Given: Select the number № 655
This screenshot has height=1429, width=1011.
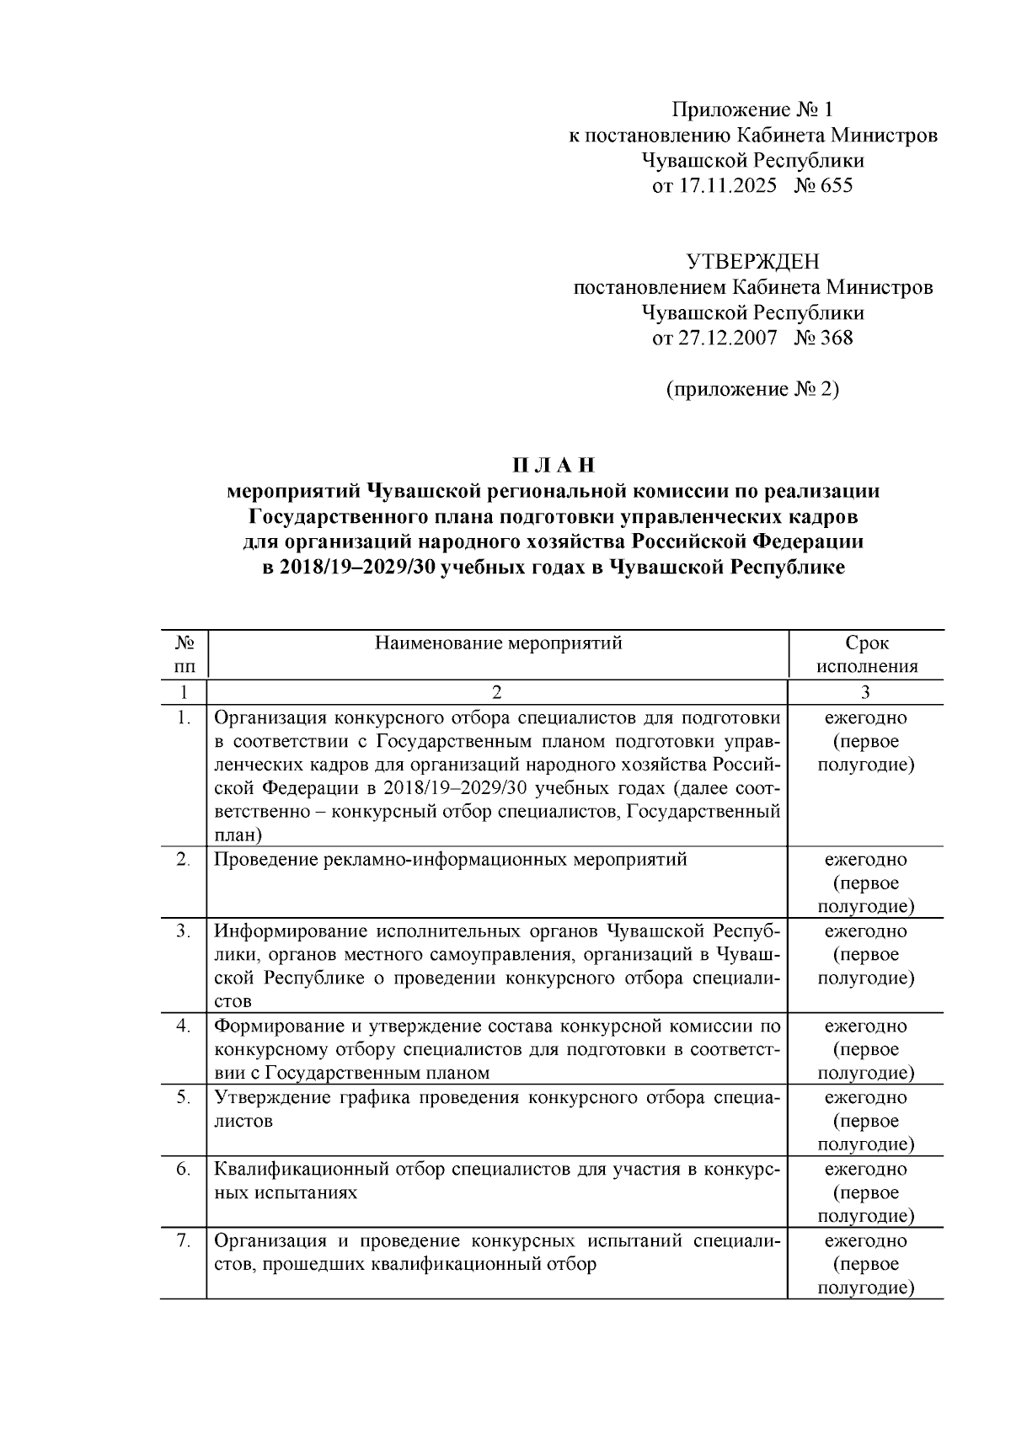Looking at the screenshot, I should [x=823, y=185].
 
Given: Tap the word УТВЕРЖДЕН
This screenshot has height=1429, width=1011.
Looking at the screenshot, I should [x=752, y=262].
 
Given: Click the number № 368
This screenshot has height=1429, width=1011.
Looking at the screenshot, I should [x=823, y=339].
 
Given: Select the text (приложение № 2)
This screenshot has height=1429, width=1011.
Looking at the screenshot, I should [x=752, y=390].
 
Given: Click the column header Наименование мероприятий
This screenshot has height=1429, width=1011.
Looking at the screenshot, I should [x=498, y=644].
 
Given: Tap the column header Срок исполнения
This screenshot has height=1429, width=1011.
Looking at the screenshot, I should [x=866, y=655].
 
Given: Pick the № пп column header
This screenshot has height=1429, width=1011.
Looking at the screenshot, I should [x=185, y=655].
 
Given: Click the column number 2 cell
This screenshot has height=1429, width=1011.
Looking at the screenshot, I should [x=497, y=692].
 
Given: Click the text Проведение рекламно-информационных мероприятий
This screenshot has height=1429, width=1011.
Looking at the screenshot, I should [x=450, y=860].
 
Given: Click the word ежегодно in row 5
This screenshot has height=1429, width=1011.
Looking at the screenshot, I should [x=865, y=1098].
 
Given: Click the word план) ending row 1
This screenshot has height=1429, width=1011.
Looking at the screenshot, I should [x=238, y=835].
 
